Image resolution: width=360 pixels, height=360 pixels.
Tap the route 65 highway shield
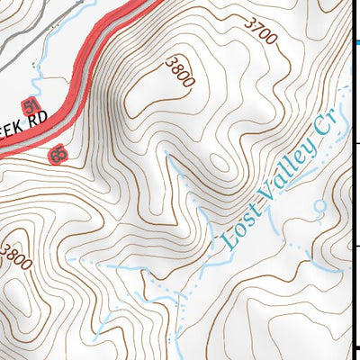click(x=58, y=157)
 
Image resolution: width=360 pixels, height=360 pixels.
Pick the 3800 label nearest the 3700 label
click(x=180, y=72)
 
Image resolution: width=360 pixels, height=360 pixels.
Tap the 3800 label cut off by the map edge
click(x=15, y=255)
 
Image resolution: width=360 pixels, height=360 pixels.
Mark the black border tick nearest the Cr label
click(x=355, y=142)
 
